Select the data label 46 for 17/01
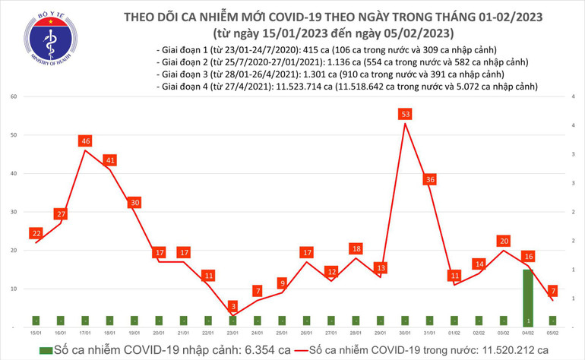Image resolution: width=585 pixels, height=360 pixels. [85, 141]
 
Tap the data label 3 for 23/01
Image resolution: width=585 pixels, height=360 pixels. [233, 305]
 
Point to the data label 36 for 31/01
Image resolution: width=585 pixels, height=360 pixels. [430, 179]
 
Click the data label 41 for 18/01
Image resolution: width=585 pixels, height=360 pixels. [110, 160]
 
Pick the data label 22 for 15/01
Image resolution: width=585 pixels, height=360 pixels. [36, 233]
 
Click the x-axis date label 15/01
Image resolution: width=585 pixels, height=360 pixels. [36, 333]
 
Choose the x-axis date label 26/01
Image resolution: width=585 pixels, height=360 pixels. [307, 333]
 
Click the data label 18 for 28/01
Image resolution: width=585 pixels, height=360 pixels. [356, 248]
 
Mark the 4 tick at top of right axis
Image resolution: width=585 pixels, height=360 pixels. [571, 97]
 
